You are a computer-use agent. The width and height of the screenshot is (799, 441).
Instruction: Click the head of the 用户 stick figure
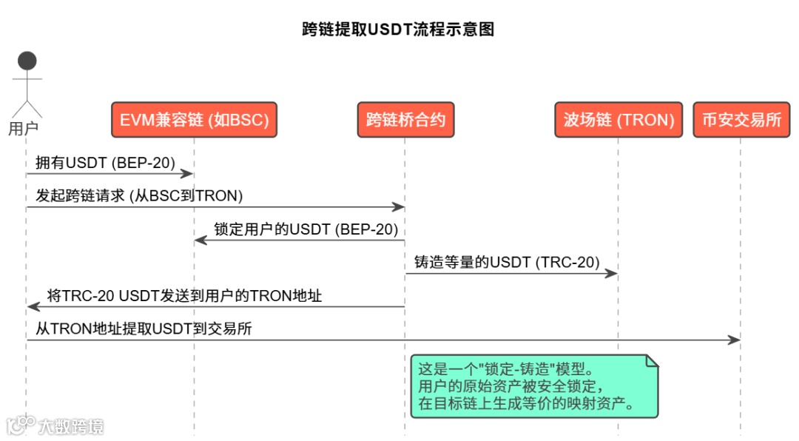pyautogui.click(x=27, y=61)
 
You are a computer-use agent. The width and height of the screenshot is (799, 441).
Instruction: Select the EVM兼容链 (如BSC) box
pyautogui.click(x=194, y=120)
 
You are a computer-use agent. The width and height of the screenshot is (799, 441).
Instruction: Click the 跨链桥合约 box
pyautogui.click(x=405, y=120)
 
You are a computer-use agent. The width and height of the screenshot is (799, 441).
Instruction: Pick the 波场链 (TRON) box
pyautogui.click(x=618, y=120)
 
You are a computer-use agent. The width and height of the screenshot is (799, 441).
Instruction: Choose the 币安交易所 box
pyautogui.click(x=741, y=120)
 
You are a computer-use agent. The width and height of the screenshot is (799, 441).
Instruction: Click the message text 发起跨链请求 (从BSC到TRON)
pyautogui.click(x=139, y=195)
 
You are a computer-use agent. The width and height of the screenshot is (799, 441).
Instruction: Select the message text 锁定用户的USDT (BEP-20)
pyautogui.click(x=306, y=229)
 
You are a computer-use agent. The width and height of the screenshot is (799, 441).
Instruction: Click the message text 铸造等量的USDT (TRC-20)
pyautogui.click(x=507, y=262)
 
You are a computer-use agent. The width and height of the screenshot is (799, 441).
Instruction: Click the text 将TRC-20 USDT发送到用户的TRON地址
pyautogui.click(x=184, y=295)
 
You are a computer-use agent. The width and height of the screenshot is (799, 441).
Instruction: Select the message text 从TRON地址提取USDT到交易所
pyautogui.click(x=144, y=329)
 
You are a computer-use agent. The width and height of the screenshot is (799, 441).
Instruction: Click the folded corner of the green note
pyautogui.click(x=652, y=361)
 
